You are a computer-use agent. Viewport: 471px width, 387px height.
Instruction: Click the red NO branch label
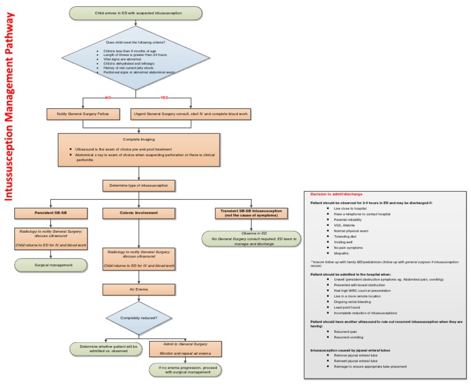pyautogui.click(x=109, y=97)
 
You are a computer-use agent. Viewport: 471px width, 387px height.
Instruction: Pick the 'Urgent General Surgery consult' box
pyautogui.click(x=192, y=114)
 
